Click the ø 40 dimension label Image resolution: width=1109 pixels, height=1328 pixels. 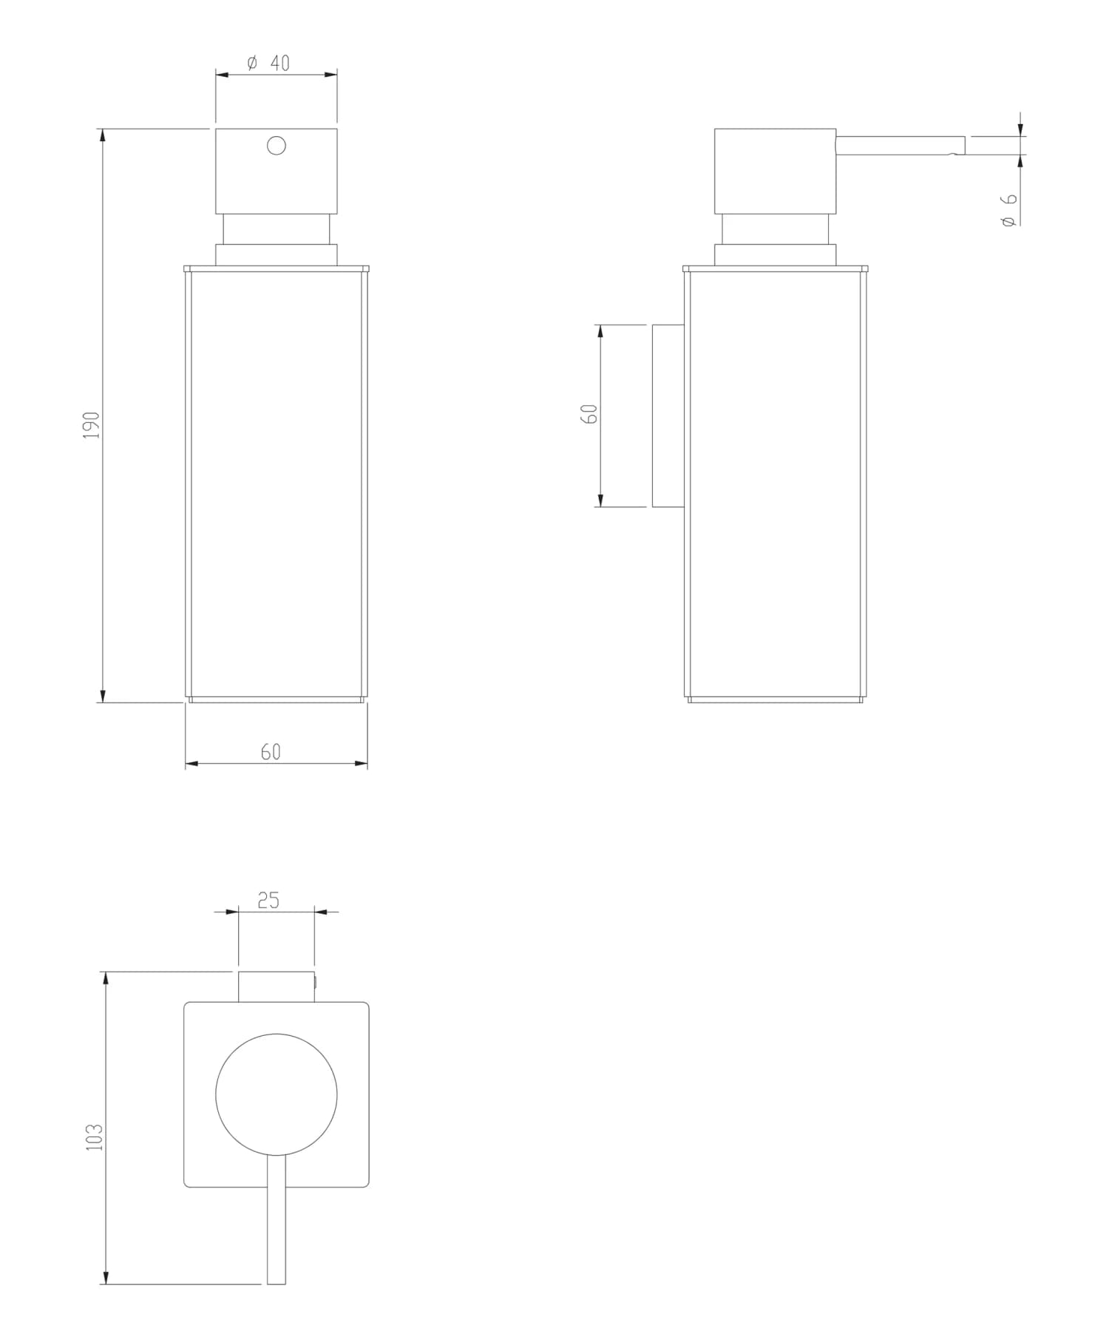[268, 63]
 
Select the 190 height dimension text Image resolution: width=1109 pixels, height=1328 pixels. [91, 426]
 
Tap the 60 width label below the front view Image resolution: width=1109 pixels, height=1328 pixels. [271, 751]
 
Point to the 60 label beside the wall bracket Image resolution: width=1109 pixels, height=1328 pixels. [589, 413]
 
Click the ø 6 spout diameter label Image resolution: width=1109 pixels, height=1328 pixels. [1009, 209]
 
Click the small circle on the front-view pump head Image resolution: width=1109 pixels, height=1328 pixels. [277, 146]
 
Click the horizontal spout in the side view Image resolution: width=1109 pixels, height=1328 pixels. [900, 146]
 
